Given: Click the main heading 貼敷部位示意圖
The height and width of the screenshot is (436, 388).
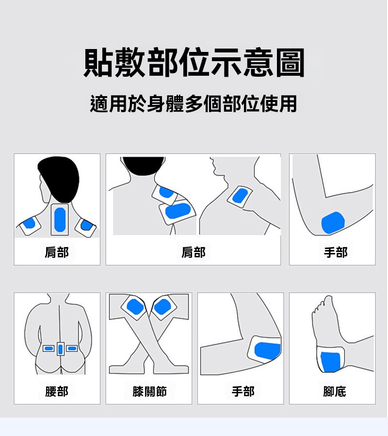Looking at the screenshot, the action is (x=194, y=63).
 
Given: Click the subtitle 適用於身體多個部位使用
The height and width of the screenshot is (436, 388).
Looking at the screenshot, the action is (x=194, y=104).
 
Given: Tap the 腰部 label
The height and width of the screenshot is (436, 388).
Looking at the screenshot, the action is (x=57, y=391).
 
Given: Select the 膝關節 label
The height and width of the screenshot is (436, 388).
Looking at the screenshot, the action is (x=149, y=391).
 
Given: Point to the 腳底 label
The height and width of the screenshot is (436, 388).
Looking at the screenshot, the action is (x=334, y=391).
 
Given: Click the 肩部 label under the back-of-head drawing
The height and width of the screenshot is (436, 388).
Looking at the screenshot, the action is (x=57, y=252).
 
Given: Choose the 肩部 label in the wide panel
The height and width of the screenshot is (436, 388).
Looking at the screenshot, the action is (x=194, y=252).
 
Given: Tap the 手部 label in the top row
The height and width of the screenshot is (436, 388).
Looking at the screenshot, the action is (x=336, y=252).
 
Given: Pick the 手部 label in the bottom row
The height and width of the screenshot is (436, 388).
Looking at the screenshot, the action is (x=243, y=391).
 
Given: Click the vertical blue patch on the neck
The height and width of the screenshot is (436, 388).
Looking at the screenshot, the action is (x=60, y=219).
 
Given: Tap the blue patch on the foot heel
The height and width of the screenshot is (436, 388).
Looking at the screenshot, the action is (x=330, y=362).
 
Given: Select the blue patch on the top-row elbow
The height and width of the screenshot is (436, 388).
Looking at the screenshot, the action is (x=333, y=222).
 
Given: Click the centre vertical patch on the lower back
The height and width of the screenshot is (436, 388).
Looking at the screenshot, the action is (x=61, y=349).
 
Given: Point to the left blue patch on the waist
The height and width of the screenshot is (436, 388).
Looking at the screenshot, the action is (x=48, y=349).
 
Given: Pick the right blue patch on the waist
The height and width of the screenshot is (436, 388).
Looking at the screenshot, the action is (x=72, y=349).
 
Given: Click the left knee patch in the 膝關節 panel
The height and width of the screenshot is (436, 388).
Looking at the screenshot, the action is (x=135, y=307).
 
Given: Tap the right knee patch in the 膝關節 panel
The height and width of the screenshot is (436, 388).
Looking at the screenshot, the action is (x=162, y=307).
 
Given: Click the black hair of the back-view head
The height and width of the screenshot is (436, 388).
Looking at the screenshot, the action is (x=59, y=178).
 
